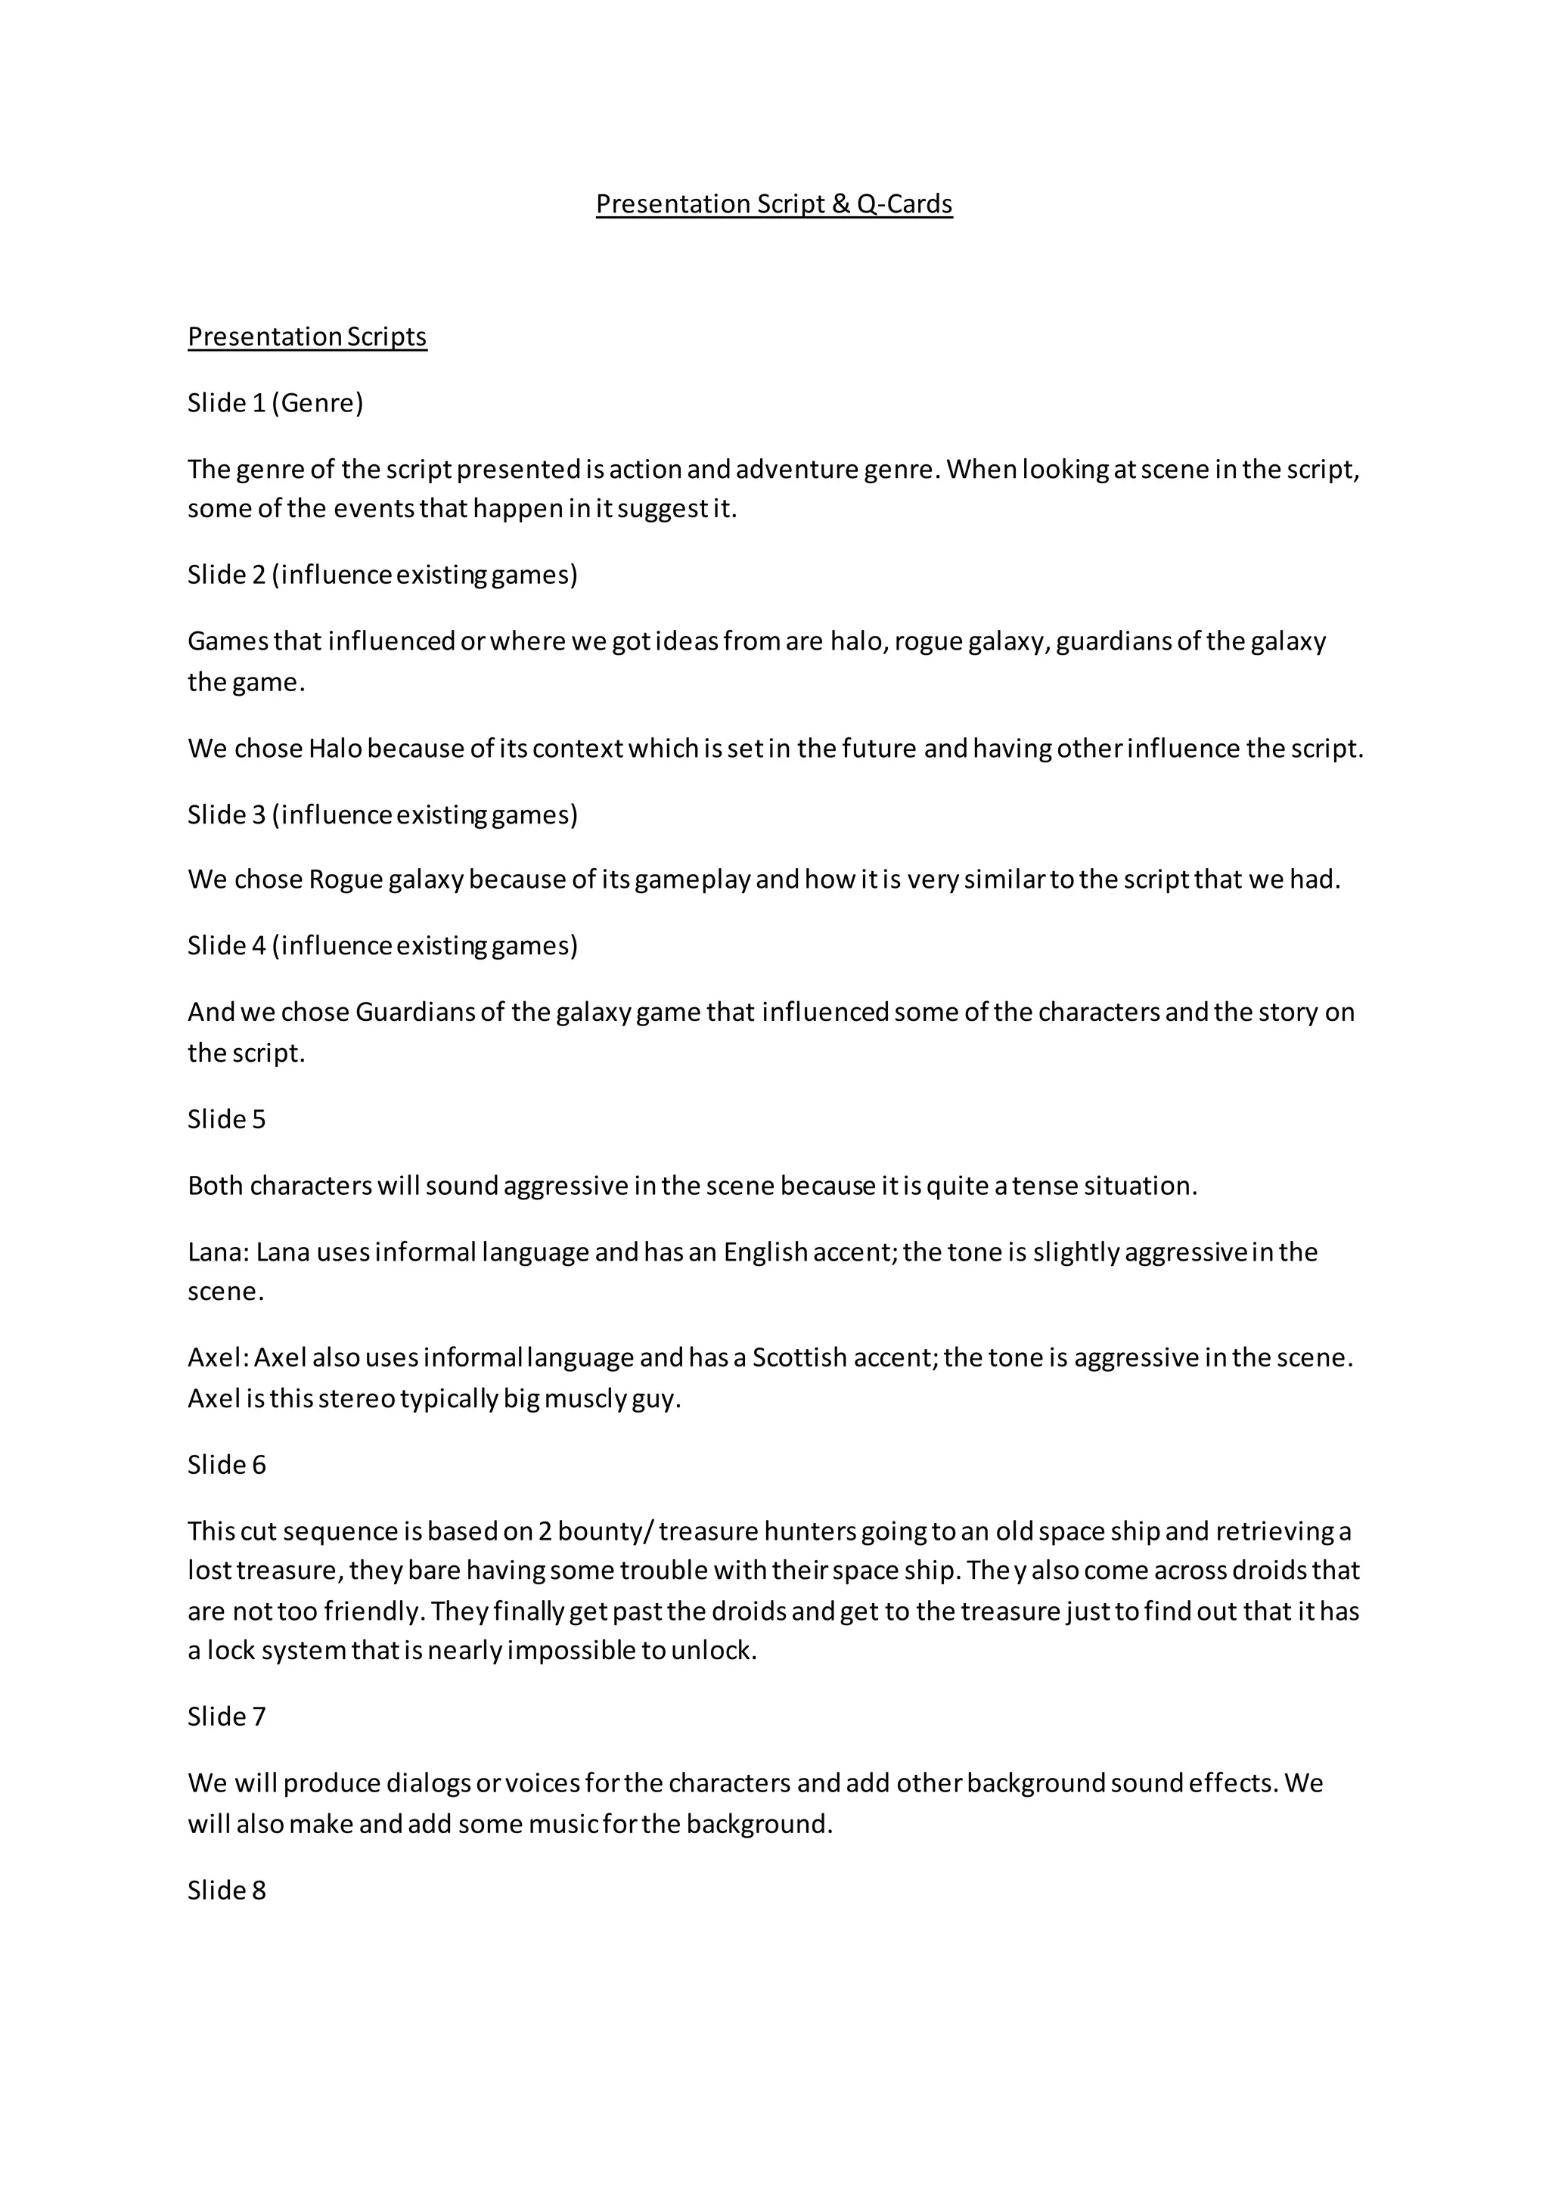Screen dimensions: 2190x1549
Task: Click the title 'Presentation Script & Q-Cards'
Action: (x=774, y=204)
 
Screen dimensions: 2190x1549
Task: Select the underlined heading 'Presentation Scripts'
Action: (x=307, y=337)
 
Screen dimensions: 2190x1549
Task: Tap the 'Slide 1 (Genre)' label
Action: (x=275, y=402)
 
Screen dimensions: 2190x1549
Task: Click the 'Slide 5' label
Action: (x=226, y=1119)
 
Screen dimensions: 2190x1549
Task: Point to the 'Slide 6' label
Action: (x=226, y=1464)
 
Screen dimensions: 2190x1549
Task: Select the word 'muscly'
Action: (x=585, y=1398)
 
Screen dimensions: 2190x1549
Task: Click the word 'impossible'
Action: (x=570, y=1650)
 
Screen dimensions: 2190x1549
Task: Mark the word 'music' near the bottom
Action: (x=563, y=1824)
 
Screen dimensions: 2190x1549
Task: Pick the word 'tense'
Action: (x=1045, y=1186)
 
